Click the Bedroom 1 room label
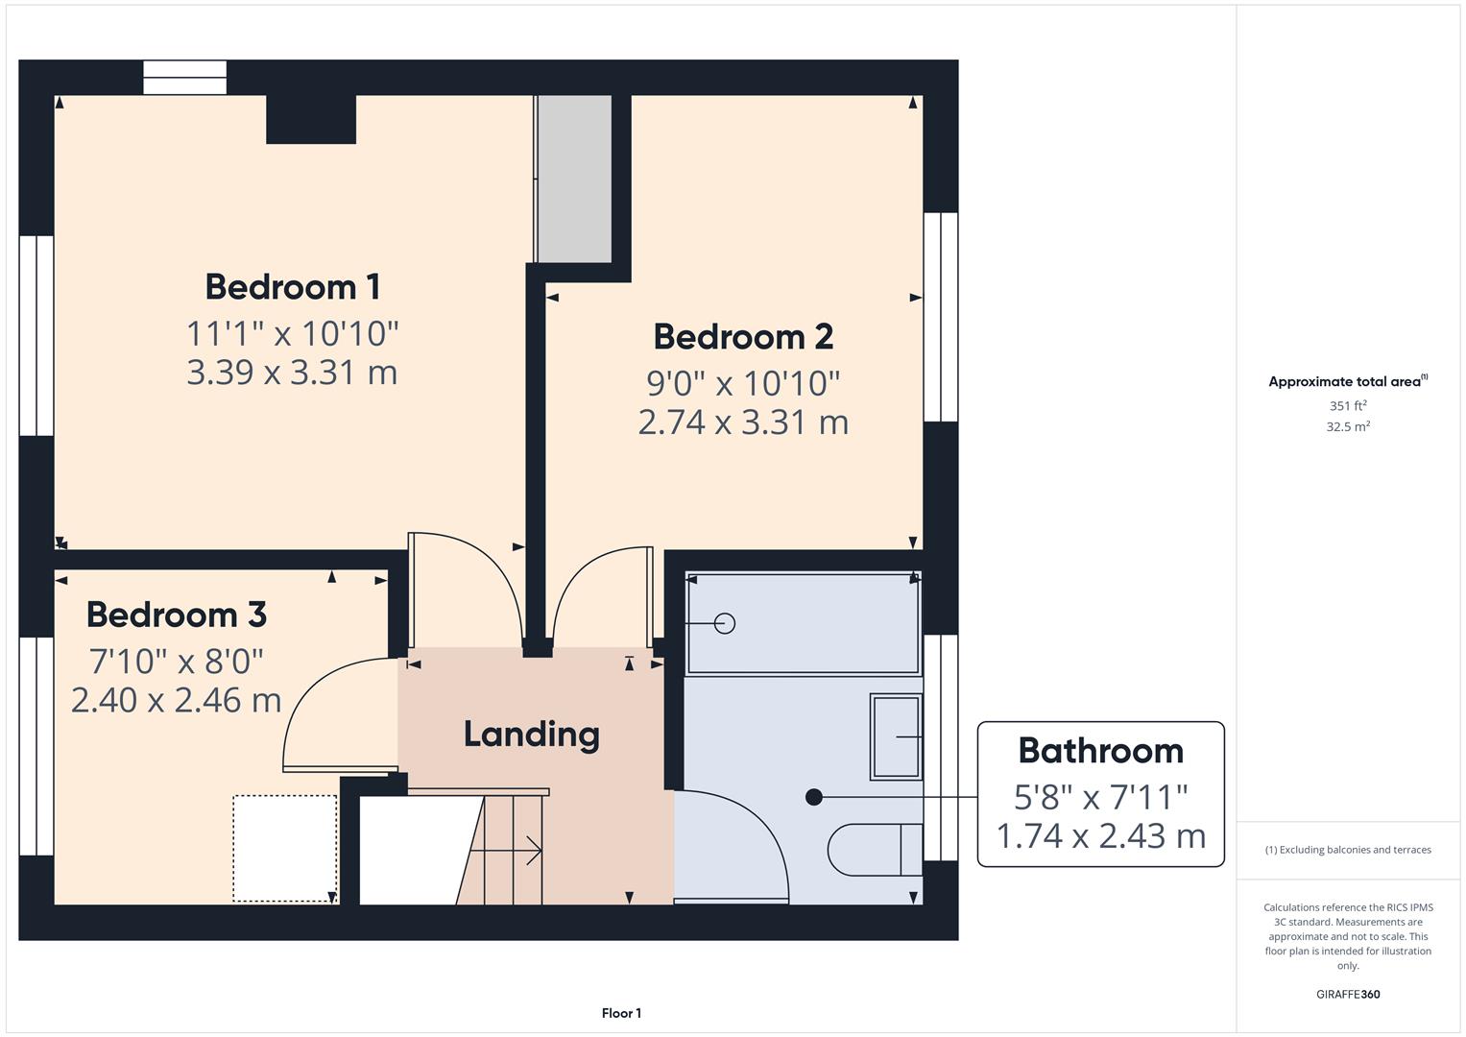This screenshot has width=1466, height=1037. [x=292, y=287]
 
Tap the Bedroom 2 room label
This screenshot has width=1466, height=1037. [x=743, y=337]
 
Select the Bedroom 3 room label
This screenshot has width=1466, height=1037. [x=176, y=615]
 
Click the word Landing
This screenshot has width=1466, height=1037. [x=531, y=735]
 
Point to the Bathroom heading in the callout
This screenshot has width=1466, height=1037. [x=1100, y=751]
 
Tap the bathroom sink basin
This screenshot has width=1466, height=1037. [x=896, y=736]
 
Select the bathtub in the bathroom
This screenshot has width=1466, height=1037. [x=804, y=624]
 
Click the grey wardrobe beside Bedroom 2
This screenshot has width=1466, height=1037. [x=573, y=179]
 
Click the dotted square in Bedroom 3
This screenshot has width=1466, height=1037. [x=284, y=848]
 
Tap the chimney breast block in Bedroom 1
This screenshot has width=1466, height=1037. [x=311, y=119]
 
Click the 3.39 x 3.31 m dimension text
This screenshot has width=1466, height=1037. [x=292, y=373]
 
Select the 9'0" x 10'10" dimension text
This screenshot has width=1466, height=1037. [x=743, y=384]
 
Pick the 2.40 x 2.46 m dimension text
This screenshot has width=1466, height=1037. [x=176, y=700]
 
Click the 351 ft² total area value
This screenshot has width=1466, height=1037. [x=1347, y=406]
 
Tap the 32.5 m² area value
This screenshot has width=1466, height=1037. [x=1347, y=427]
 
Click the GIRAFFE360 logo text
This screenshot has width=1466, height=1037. [x=1347, y=994]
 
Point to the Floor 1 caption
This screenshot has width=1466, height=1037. [x=621, y=1013]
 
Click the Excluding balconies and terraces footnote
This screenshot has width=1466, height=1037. [x=1348, y=850]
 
